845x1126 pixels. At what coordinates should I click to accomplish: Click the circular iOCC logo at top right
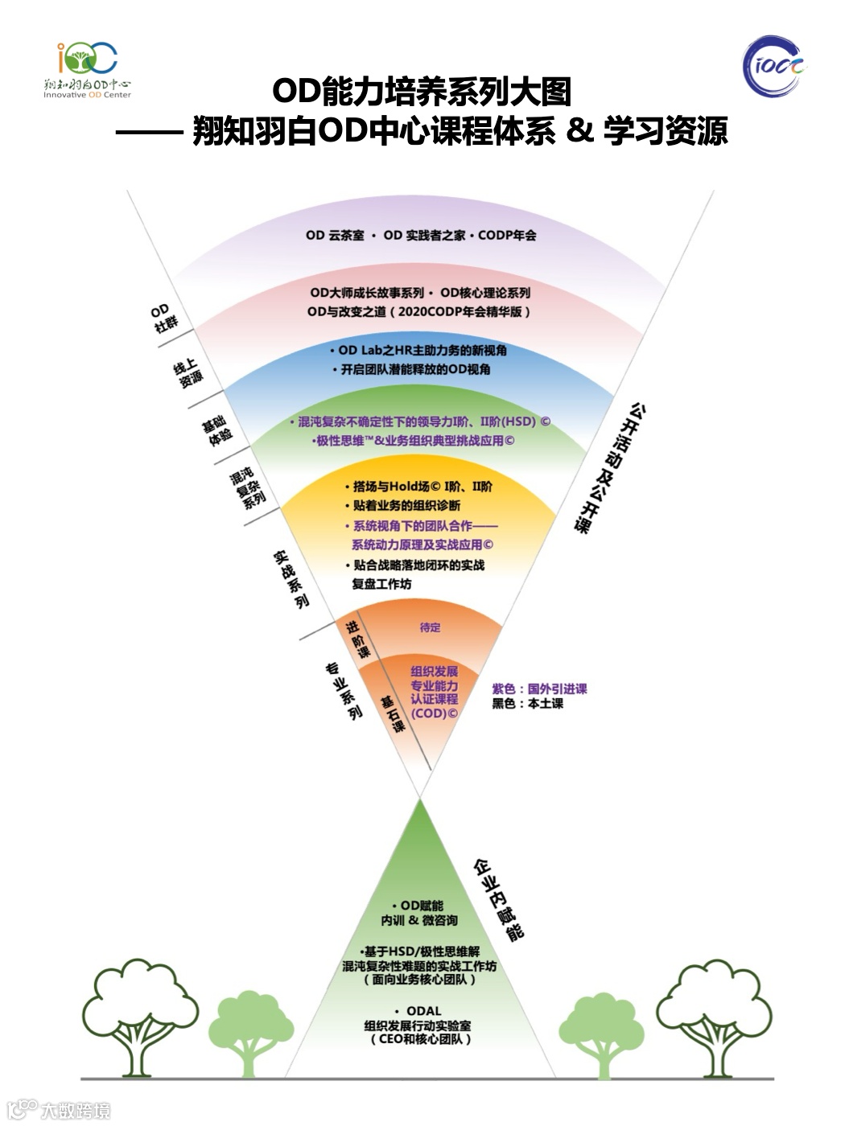(773, 65)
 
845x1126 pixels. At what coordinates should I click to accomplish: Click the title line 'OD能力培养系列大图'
(422, 92)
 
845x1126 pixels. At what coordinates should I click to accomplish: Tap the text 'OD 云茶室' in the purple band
(335, 236)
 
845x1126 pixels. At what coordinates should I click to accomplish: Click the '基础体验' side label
(217, 430)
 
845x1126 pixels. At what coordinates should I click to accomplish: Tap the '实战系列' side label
(291, 578)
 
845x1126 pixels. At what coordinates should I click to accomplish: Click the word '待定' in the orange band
(431, 627)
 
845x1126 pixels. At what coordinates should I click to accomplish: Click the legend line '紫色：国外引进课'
(539, 689)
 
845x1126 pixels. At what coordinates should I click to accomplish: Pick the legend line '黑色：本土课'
(528, 704)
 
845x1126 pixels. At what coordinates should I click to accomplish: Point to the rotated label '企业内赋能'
(499, 899)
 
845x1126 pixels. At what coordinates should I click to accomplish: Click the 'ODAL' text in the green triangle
(423, 1011)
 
